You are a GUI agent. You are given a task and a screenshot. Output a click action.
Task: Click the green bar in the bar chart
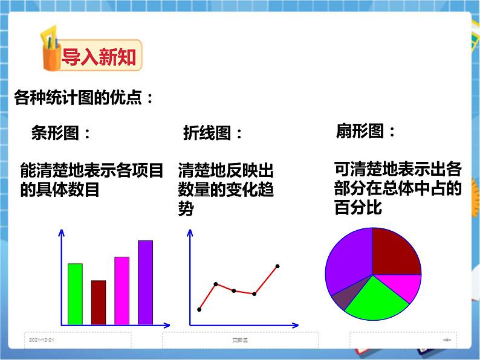pos(75,294)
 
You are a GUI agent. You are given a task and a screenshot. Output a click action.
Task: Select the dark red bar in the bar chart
pos(98,303)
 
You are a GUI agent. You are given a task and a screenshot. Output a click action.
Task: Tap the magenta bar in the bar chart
pos(122,291)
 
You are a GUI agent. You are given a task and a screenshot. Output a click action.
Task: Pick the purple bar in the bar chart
pos(145,283)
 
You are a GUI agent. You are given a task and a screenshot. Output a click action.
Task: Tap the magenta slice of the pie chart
pos(403,286)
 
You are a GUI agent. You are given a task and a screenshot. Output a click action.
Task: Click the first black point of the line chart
pos(199,309)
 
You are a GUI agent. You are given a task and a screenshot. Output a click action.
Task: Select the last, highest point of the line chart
pos(277,266)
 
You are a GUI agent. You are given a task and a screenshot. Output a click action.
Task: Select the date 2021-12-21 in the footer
pos(42,340)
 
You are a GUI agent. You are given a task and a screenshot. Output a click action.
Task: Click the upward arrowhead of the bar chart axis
pos(60,233)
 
